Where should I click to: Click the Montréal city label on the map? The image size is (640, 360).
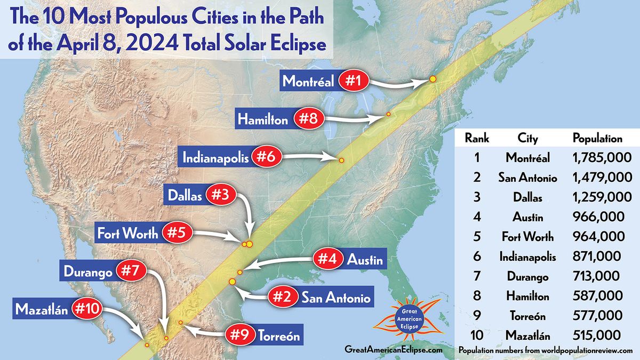point(308,82)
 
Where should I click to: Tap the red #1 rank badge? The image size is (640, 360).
point(351,82)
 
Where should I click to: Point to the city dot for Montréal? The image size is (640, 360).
point(433,79)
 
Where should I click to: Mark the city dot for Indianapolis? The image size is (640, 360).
point(341,160)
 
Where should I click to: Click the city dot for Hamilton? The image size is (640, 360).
point(389,114)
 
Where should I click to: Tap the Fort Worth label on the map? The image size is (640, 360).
point(127,233)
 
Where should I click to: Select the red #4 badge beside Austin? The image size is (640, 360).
point(327,260)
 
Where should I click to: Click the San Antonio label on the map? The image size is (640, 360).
point(335,297)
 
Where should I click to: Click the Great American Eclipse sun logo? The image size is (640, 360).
point(407,321)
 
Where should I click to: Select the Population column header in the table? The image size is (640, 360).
point(597,139)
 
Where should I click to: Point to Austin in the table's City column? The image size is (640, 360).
point(528,217)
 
